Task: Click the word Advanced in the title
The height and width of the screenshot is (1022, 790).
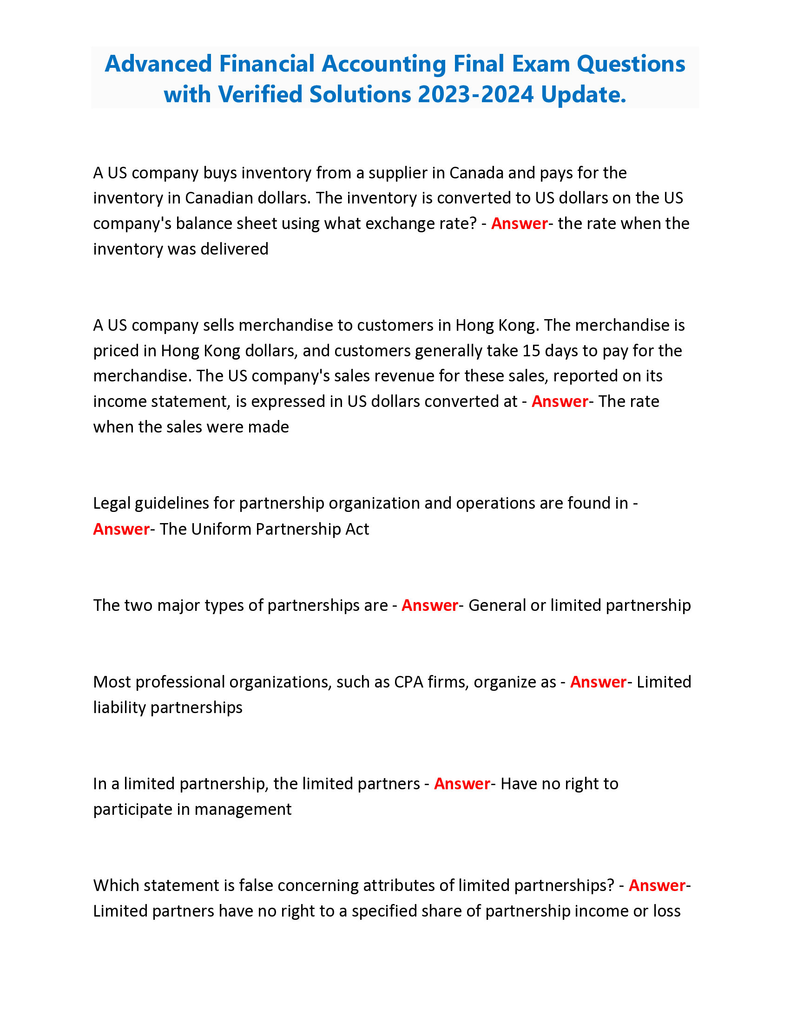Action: [158, 64]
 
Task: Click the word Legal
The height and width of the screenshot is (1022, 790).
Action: [112, 504]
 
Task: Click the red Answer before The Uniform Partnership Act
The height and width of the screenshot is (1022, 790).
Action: [121, 529]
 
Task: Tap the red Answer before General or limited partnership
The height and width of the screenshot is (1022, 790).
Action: [430, 605]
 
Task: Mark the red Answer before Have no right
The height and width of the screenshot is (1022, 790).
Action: [462, 784]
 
